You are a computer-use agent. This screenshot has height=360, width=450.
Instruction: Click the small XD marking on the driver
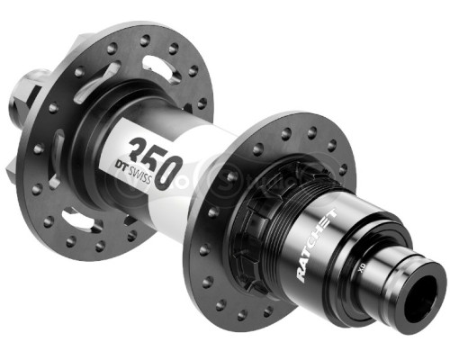tap(360, 269)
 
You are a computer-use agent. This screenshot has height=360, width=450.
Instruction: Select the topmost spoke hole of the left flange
tap(145, 40)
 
